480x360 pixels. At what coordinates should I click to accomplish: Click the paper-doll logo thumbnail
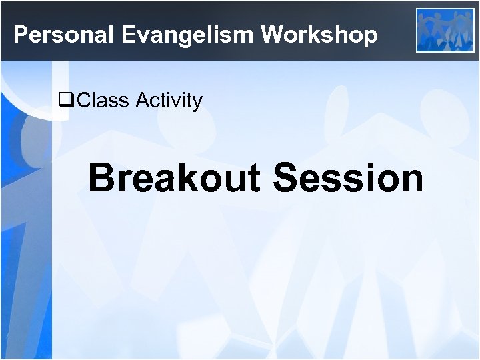(445, 30)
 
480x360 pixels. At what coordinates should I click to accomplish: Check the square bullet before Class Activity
(65, 101)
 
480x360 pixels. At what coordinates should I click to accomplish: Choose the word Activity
(169, 101)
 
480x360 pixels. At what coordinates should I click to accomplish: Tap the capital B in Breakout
(102, 178)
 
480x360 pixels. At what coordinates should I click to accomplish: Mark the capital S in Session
(286, 178)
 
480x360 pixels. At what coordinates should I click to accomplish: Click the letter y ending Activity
(196, 103)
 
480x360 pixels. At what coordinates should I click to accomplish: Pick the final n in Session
(411, 180)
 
